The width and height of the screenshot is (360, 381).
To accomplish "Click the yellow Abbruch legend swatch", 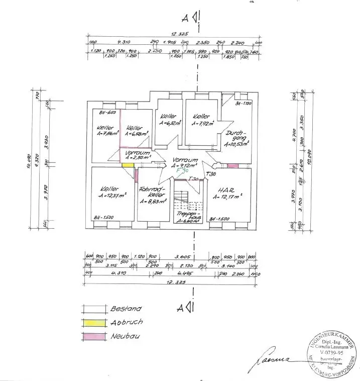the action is coord(94,322).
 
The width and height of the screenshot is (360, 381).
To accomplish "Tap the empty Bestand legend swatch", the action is coord(94,309).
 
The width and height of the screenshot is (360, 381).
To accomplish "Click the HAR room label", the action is coord(223,190).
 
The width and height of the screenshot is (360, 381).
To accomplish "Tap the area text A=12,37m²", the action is coord(111,196).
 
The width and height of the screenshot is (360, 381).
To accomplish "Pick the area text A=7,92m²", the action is coord(201,123).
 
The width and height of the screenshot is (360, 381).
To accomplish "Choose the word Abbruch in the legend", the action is coord(127,322).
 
